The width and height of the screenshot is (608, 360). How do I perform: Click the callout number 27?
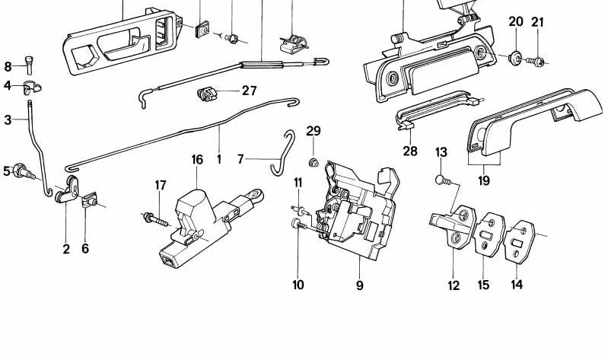pos(249,91)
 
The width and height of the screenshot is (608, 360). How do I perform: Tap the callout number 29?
pos(314,131)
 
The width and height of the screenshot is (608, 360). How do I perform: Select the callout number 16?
pos(197,160)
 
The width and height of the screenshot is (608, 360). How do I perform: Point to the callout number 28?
pos(410,151)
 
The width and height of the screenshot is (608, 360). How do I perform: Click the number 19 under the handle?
pos(484,181)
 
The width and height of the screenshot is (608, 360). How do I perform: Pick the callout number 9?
pos(359,285)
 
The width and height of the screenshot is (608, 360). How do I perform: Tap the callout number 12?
pos(454,285)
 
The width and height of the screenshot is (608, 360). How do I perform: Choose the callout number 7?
pos(240,160)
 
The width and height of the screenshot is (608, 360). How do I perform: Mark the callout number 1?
pos(218,160)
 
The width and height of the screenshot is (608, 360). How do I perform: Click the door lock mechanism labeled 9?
pos(354,209)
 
